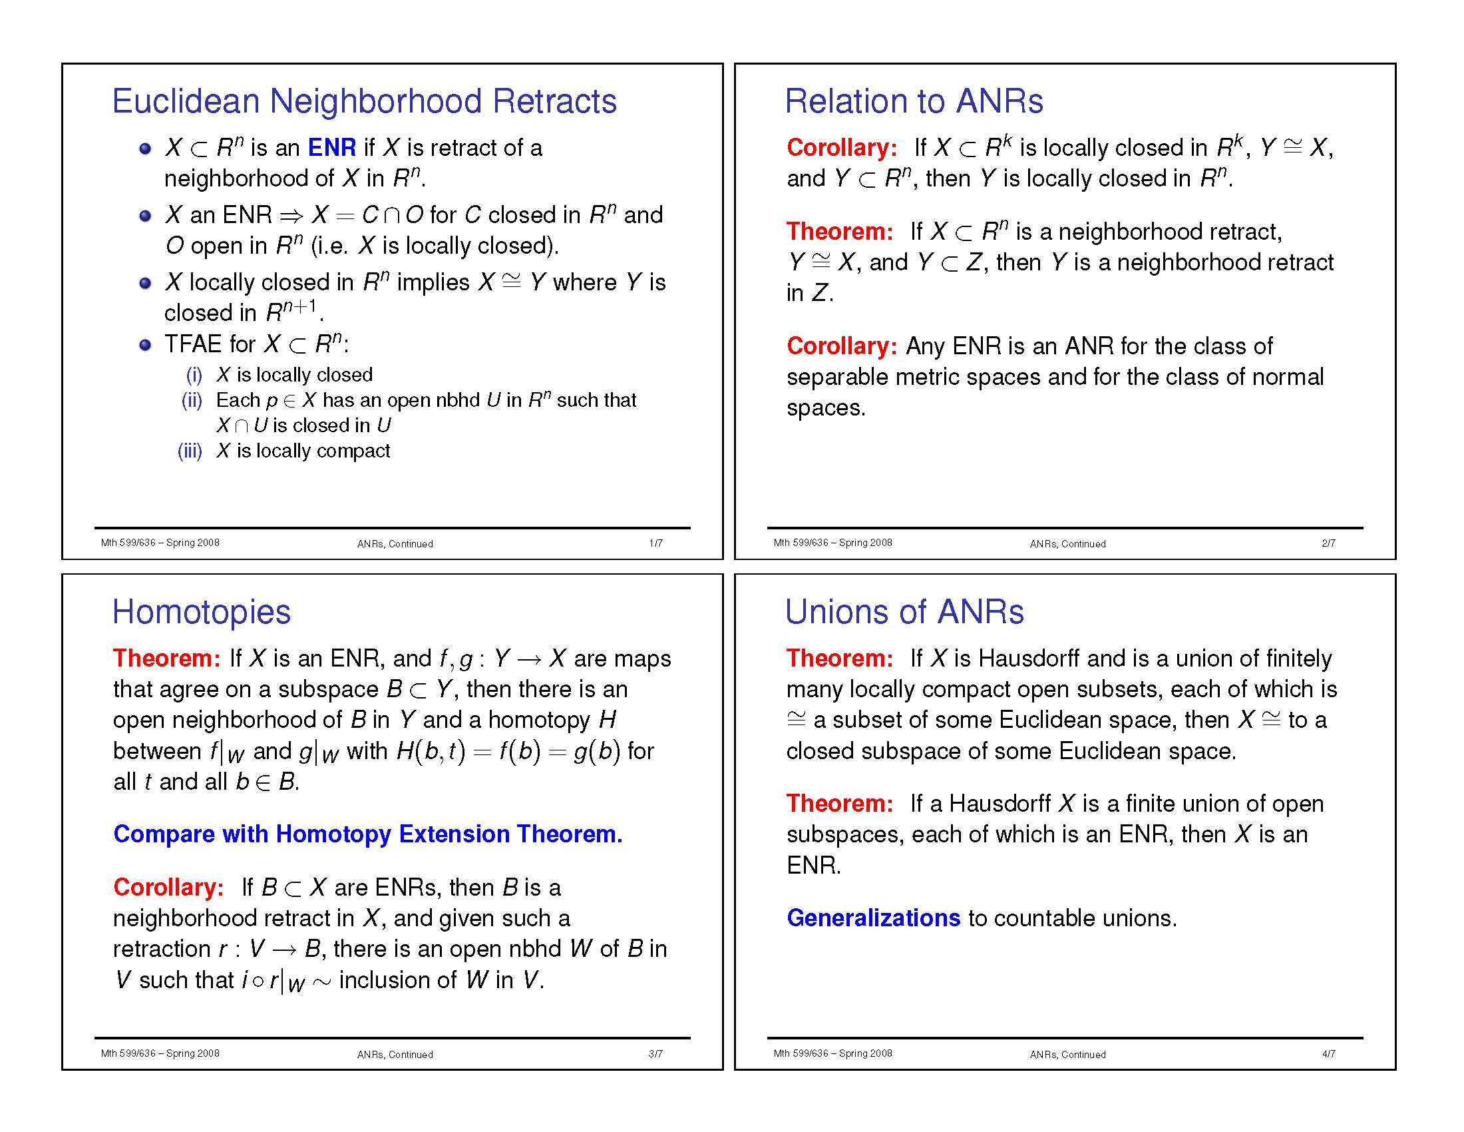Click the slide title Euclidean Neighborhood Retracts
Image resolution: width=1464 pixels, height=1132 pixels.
click(x=364, y=102)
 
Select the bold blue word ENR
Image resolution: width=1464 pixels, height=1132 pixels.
click(x=332, y=148)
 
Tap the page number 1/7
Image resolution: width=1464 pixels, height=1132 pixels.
click(x=655, y=543)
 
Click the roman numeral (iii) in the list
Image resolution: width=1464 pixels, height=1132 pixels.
click(x=190, y=451)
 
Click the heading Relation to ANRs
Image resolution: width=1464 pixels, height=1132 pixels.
click(x=914, y=102)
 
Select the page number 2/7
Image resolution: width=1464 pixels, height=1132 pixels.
click(x=1329, y=543)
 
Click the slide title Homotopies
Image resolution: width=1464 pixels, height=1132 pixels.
click(x=201, y=612)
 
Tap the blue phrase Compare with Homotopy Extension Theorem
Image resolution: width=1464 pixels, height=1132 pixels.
click(x=368, y=834)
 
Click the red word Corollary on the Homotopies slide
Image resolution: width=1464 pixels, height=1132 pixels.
click(x=168, y=887)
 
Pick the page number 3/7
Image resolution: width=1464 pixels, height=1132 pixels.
click(x=655, y=1053)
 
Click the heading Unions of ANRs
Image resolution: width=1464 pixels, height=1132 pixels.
click(x=904, y=612)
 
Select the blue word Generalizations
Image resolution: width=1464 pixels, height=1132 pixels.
click(x=874, y=918)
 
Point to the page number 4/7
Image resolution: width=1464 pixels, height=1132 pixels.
click(x=1329, y=1053)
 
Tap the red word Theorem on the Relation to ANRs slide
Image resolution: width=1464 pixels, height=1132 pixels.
click(x=840, y=231)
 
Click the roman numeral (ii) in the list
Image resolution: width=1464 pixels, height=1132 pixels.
click(x=192, y=400)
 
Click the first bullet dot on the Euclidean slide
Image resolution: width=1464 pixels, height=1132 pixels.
click(x=145, y=149)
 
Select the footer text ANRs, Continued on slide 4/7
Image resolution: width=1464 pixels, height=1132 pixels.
click(x=1068, y=1054)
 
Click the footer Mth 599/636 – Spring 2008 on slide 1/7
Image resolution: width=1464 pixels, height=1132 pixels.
click(x=160, y=543)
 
